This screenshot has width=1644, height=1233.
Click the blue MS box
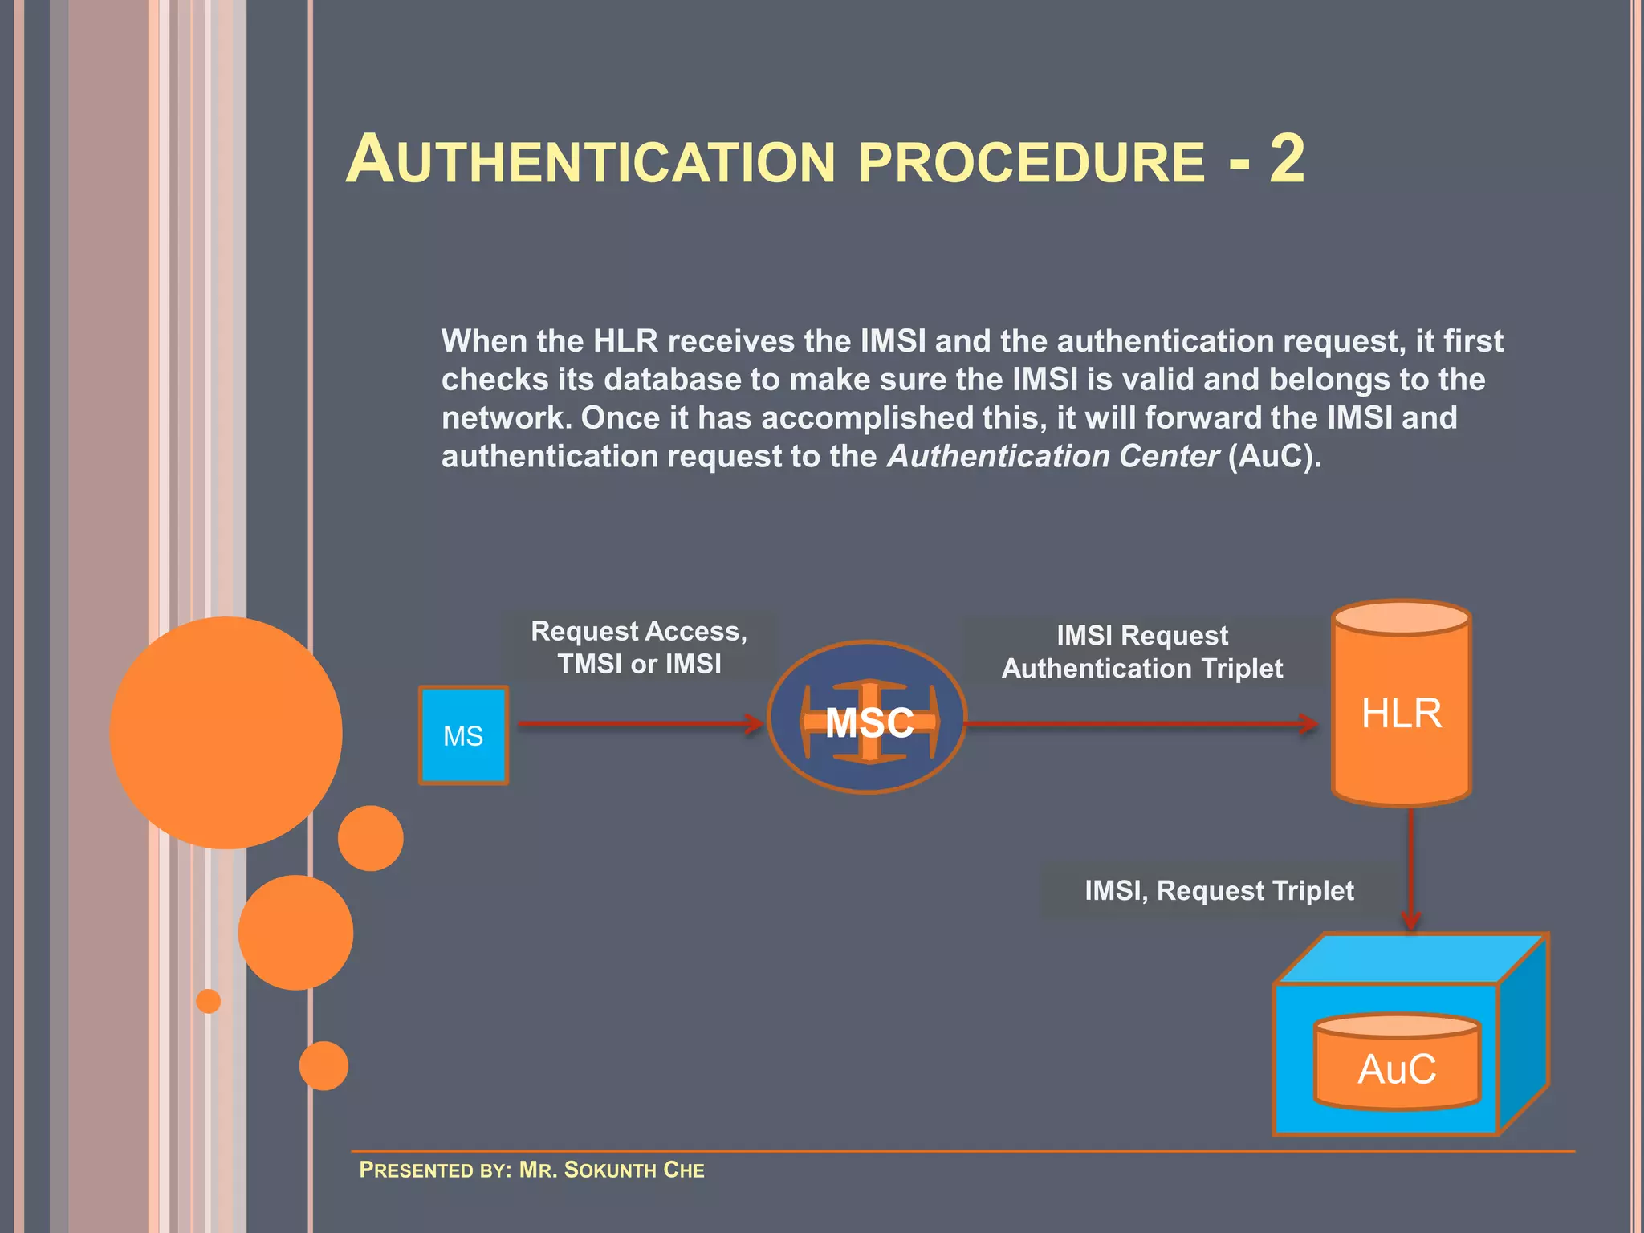click(x=463, y=735)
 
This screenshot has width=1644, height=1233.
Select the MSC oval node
click(x=867, y=718)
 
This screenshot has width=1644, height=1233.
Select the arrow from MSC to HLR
click(x=1140, y=724)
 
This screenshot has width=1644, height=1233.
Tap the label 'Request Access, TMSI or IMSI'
click(x=639, y=647)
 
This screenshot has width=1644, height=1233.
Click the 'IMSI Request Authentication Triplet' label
click(x=1141, y=652)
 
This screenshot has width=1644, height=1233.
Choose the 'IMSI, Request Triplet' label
click(x=1219, y=891)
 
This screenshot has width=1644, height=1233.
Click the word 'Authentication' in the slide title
click(x=591, y=161)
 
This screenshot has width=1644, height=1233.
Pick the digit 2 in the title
click(x=1287, y=159)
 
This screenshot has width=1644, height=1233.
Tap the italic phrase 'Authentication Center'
click(x=1053, y=456)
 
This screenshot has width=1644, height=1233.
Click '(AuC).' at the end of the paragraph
click(x=1275, y=456)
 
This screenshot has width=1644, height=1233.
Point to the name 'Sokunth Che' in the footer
click(x=634, y=1170)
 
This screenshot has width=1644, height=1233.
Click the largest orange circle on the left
click(x=226, y=732)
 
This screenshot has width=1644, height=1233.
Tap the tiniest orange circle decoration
click(x=209, y=1001)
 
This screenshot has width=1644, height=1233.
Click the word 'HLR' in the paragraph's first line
click(x=625, y=341)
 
